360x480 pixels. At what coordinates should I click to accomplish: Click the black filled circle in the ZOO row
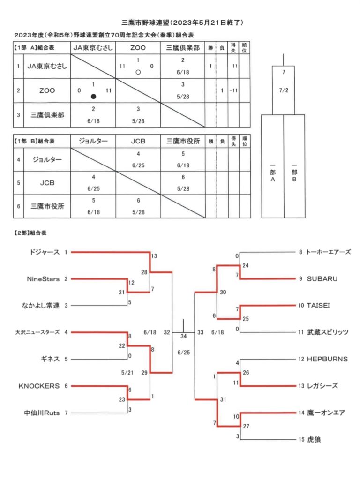(93, 97)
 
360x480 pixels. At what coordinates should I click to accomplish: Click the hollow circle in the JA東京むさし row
(138, 72)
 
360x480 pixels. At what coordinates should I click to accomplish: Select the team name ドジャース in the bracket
(45, 252)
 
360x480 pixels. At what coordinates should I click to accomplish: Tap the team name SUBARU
(322, 278)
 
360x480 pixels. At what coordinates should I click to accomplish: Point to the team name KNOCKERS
(39, 386)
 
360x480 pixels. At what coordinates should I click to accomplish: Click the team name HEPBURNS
(327, 359)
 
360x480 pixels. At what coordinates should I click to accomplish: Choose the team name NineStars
(43, 279)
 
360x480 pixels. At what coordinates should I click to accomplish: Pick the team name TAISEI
(318, 305)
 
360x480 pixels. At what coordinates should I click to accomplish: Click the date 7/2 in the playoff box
(284, 90)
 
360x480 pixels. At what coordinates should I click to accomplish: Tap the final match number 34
(183, 336)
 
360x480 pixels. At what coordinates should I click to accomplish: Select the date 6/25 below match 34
(184, 352)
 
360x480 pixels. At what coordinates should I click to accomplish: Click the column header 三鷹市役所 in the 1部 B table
(183, 141)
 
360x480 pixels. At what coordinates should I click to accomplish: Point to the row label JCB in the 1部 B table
(47, 183)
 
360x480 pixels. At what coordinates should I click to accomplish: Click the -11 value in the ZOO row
(233, 90)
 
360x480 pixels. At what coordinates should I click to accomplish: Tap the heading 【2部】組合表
(30, 233)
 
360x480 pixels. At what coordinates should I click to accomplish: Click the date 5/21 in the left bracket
(127, 373)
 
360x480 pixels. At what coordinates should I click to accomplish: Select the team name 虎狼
(314, 439)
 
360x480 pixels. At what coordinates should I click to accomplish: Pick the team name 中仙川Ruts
(42, 412)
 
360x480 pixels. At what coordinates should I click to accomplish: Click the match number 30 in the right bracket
(223, 292)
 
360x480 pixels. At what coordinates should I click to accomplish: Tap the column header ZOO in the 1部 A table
(138, 48)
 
